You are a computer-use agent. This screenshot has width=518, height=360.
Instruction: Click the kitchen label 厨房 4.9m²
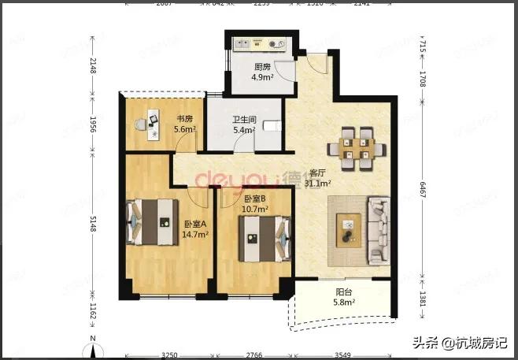coord(263,72)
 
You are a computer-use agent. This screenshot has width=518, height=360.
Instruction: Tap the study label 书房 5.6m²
coord(184,124)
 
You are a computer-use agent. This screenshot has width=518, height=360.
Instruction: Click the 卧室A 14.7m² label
coord(194,229)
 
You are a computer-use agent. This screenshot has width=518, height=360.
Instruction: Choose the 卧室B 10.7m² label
coord(256,205)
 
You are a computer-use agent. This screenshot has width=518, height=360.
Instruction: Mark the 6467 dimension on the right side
coord(424,187)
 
